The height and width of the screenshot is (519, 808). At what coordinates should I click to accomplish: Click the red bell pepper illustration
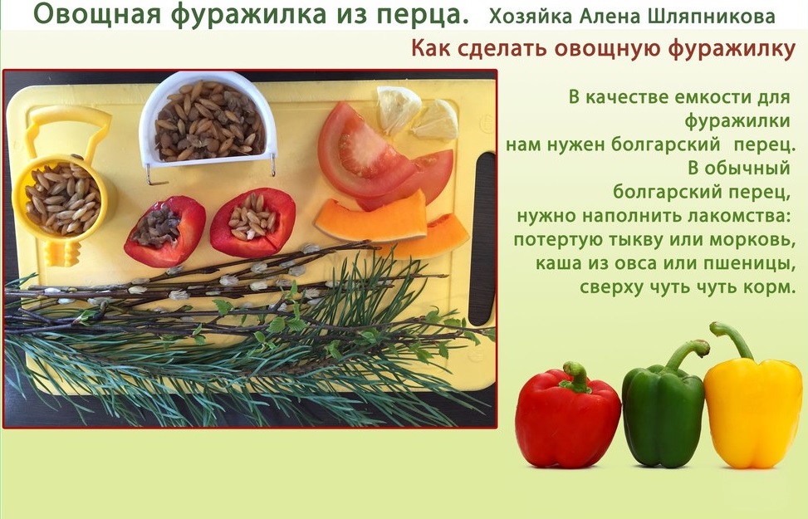[x=567, y=418]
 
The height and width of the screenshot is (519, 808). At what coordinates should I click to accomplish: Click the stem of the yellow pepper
[x=732, y=339]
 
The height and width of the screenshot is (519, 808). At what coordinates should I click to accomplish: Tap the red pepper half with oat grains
[x=253, y=223]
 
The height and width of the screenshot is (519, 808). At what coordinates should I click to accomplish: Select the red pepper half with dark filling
[x=165, y=232]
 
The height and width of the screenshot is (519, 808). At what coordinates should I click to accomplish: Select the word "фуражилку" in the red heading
[x=732, y=50]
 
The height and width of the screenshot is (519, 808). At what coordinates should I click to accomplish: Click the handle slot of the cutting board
[x=482, y=238]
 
